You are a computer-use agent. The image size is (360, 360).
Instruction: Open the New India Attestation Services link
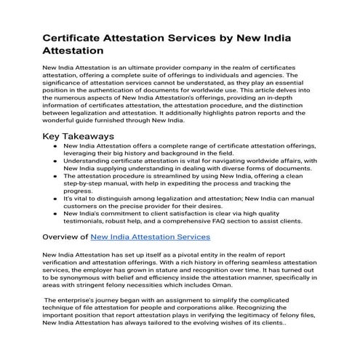pyautogui.click(x=151, y=236)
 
